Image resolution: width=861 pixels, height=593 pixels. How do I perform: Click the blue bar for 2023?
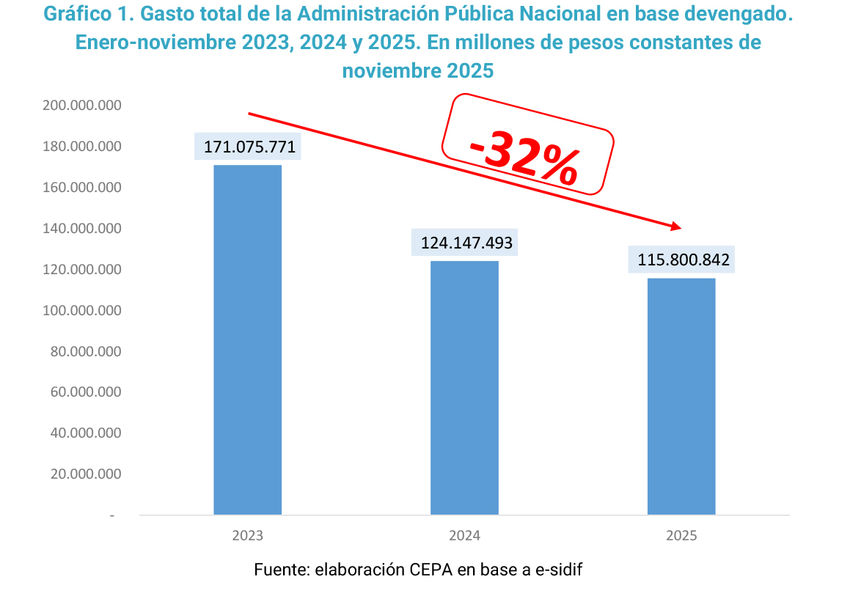coord(247,339)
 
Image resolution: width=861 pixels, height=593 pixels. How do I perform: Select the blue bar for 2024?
coord(464,387)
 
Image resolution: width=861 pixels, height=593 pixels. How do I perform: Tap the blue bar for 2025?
coord(681,396)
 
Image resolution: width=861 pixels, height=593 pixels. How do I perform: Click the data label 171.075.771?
coord(249,147)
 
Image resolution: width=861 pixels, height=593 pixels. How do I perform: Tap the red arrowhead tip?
coord(681,227)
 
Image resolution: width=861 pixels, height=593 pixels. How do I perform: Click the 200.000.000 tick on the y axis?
coord(82,106)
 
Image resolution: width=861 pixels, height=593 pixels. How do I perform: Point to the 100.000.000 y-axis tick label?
coord(82,311)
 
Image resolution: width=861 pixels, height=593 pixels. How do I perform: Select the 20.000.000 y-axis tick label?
coord(85,474)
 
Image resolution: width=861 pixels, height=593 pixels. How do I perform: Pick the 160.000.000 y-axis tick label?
coord(82,188)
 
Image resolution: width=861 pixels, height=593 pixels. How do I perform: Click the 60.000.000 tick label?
coord(85,392)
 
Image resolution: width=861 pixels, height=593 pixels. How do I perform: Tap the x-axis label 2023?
coord(247,536)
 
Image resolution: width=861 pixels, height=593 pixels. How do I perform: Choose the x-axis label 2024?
coord(464,536)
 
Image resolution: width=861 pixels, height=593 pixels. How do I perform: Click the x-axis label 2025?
coord(681,536)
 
